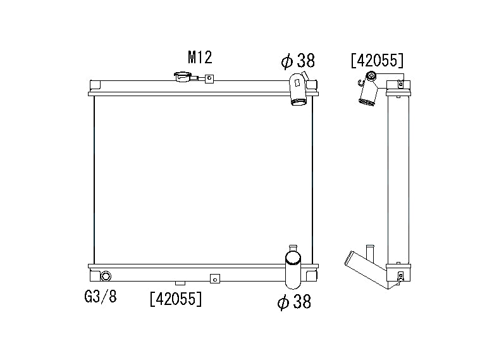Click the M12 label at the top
(200, 58)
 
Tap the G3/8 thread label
(101, 297)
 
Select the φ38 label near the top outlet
(298, 60)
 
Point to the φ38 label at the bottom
(294, 301)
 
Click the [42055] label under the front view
(176, 299)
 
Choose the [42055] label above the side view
(377, 60)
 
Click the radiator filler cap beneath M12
(183, 77)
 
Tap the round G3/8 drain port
(106, 276)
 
